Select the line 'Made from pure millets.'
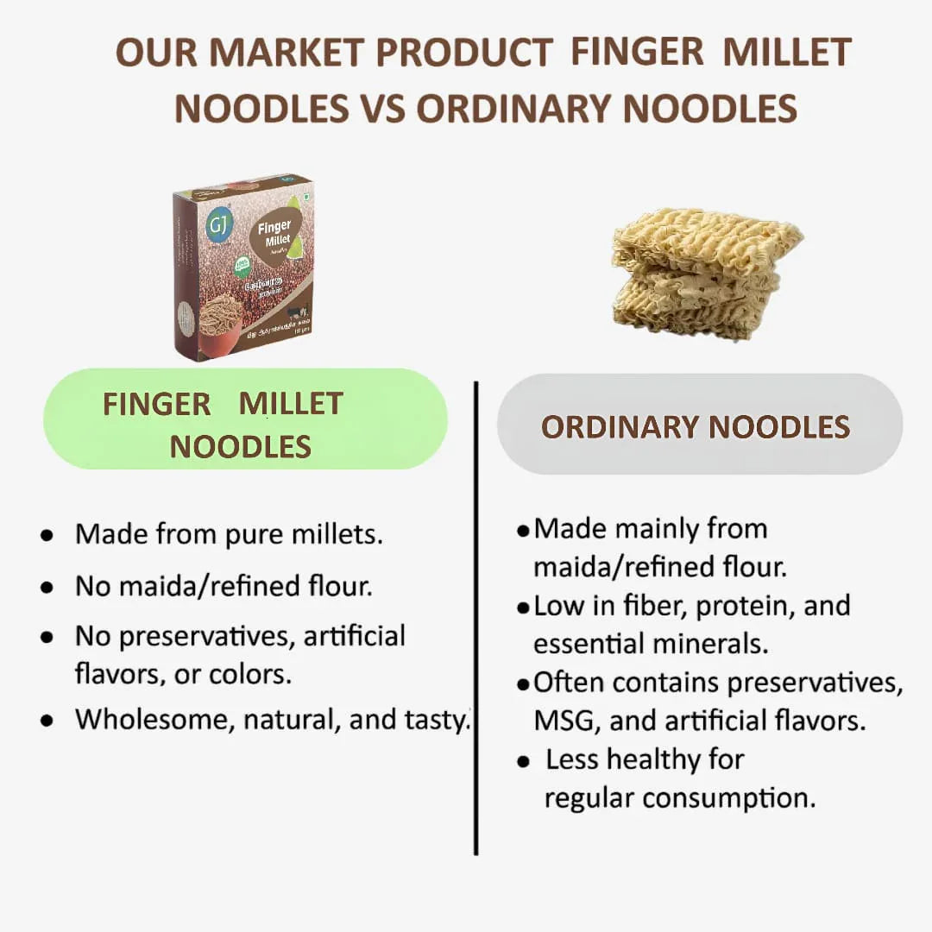(229, 534)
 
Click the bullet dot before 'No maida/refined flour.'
(47, 588)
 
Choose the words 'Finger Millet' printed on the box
(274, 236)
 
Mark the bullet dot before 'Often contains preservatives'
(523, 684)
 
